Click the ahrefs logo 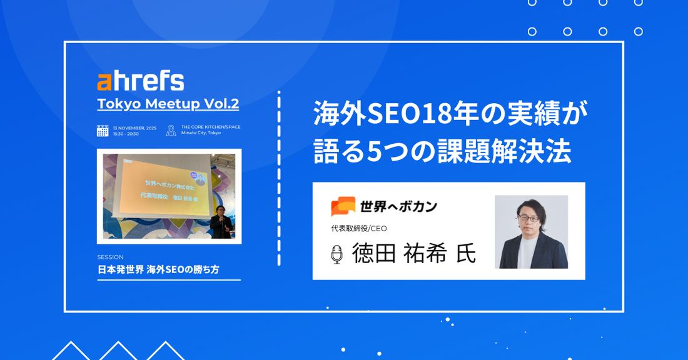(141, 81)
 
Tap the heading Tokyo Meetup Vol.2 (168, 103)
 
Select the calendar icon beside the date (103, 131)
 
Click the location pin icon (171, 131)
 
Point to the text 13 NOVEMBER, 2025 (134, 127)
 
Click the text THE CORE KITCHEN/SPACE (211, 127)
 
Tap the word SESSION (111, 257)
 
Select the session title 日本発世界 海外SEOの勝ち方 (158, 269)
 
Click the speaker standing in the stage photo (221, 223)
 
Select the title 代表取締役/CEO (359, 229)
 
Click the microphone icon (336, 254)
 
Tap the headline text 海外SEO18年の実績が (451, 113)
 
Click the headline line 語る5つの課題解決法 (442, 151)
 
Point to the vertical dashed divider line (279, 178)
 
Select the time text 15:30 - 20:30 (126, 134)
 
